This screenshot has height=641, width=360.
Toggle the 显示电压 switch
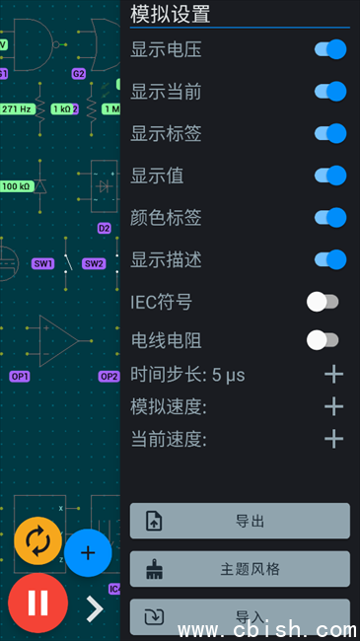(330, 49)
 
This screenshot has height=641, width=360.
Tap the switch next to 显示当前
(330, 91)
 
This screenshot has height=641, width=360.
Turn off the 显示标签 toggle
(330, 133)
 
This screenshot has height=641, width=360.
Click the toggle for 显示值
(330, 176)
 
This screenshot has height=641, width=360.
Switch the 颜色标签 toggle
(330, 218)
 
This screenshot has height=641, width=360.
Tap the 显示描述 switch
(330, 259)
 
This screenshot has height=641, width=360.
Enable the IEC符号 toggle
(323, 302)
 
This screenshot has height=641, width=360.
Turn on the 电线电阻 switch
(323, 340)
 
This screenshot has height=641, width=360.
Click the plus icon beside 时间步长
(333, 374)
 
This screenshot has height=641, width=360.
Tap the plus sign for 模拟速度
(333, 406)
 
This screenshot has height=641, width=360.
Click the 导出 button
(240, 521)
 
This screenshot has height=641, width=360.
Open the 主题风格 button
(240, 569)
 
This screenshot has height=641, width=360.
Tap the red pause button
(38, 603)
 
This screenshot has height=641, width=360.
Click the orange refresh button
(38, 540)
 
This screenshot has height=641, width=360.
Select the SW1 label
(43, 263)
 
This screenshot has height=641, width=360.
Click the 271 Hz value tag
(17, 109)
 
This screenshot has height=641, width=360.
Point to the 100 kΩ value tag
(17, 186)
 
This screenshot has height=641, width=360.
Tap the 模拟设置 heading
(171, 14)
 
